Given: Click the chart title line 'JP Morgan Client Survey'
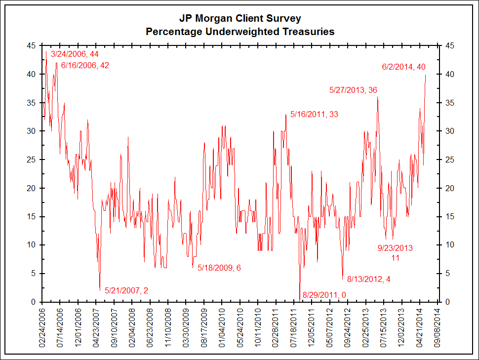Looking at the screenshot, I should point(239,19).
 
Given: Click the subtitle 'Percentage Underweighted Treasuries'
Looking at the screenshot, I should point(239,32).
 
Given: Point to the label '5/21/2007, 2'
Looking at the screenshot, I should point(126,290).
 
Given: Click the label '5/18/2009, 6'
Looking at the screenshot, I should point(219,268).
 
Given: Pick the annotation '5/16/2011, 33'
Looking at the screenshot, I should point(314,114).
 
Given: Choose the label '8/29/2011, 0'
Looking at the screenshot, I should point(324,295).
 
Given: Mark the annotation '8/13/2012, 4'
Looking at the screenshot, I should point(369,279).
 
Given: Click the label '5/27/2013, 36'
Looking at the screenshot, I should point(353,90).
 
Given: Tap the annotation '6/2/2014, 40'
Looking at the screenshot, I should point(403,67).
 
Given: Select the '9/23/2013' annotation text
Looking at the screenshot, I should point(395,248).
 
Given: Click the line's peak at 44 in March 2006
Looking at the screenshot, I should point(46,51).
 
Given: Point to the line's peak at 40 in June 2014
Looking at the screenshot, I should point(426,75).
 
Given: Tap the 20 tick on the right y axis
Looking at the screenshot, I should point(449,188).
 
